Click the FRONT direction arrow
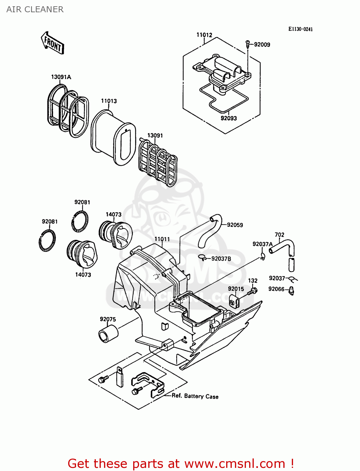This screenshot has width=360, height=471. pyautogui.click(x=52, y=43)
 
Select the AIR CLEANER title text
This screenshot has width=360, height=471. pyautogui.click(x=35, y=9)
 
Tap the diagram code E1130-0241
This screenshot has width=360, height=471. pyautogui.click(x=300, y=29)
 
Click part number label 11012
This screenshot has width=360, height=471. pyautogui.click(x=204, y=35)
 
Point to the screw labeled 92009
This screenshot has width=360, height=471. pyautogui.click(x=248, y=44)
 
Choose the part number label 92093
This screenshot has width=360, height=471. pyautogui.click(x=228, y=118)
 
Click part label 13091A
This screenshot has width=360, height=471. pyautogui.click(x=61, y=77)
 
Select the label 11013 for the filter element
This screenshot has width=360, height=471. pyautogui.click(x=109, y=101)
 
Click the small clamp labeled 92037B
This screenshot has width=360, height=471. pyautogui.click(x=203, y=258)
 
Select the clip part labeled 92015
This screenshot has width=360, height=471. pyautogui.click(x=234, y=301)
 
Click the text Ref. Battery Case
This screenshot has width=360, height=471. pyautogui.click(x=195, y=396)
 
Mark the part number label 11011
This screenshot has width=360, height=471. pyautogui.click(x=162, y=239)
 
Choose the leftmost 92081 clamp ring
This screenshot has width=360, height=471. pyautogui.click(x=47, y=241)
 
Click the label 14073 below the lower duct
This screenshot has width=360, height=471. pyautogui.click(x=83, y=274)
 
